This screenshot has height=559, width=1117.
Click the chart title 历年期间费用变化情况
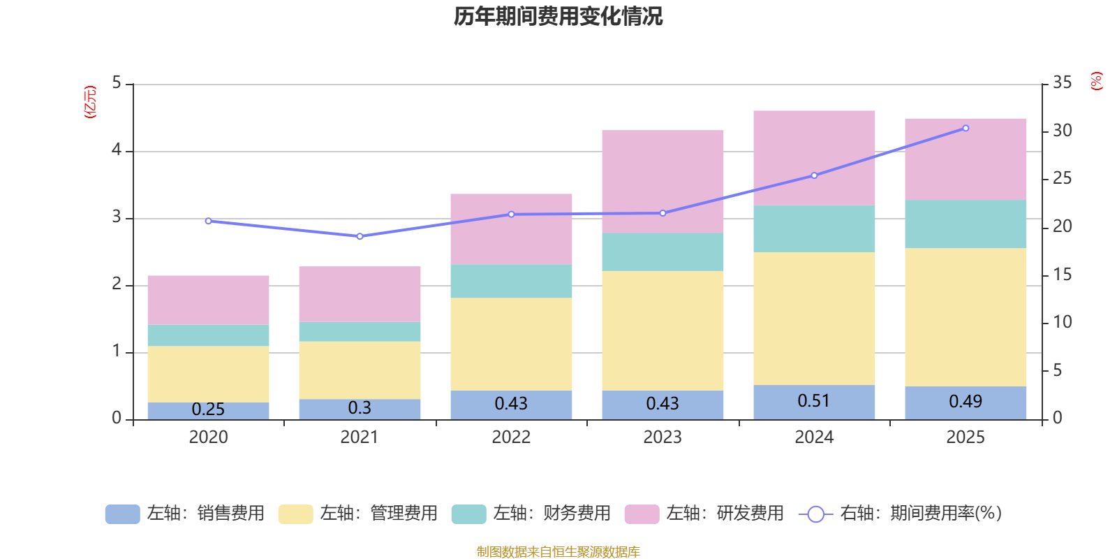click(558, 16)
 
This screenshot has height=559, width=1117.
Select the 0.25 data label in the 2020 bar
click(208, 409)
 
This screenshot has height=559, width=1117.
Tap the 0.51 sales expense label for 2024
click(814, 401)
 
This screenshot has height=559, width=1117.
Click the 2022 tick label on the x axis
click(511, 437)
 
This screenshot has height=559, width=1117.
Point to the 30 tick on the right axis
click(1062, 131)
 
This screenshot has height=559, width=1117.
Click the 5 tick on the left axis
click(117, 83)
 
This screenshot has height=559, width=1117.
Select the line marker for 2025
click(966, 128)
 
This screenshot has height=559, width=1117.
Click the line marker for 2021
click(360, 236)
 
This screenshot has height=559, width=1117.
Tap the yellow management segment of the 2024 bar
click(814, 318)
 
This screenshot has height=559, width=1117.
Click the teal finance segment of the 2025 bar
click(966, 224)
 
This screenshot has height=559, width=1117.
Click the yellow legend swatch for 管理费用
click(295, 514)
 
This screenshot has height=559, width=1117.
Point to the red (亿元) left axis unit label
click(90, 102)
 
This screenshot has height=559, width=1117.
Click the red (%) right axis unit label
click(1097, 81)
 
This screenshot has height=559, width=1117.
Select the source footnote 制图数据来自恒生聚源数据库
click(558, 552)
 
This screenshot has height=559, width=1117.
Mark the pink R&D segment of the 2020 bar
click(208, 300)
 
